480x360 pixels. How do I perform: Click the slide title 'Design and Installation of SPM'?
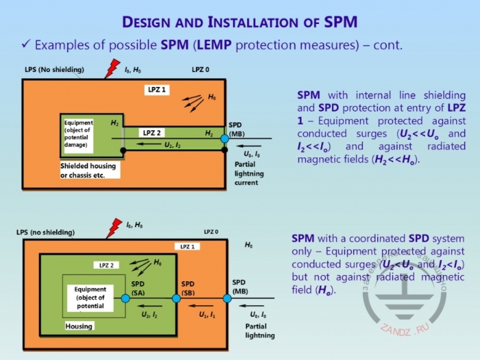pyautogui.click(x=240, y=21)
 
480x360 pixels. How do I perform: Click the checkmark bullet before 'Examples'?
pyautogui.click(x=25, y=46)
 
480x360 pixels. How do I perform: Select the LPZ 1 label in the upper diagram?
pyautogui.click(x=157, y=90)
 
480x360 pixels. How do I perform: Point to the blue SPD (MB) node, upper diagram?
pyautogui.click(x=225, y=139)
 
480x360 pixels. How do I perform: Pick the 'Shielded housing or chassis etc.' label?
pyautogui.click(x=88, y=170)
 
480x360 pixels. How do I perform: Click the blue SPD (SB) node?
pyautogui.click(x=176, y=298)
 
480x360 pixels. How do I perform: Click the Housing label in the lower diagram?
pyautogui.click(x=79, y=326)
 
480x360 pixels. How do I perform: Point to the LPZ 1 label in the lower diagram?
pyautogui.click(x=187, y=246)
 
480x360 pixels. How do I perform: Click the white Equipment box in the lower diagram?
pyautogui.click(x=90, y=298)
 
